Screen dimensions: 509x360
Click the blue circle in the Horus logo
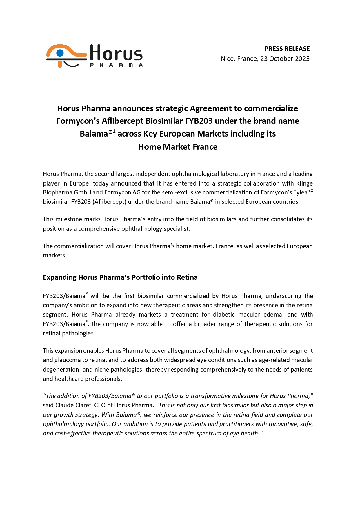coord(60,53)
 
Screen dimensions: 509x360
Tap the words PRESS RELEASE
coord(287,49)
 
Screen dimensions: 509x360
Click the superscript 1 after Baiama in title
coord(114,131)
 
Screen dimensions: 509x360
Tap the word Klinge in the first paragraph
coord(304,183)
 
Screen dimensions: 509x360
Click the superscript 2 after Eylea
coord(312,190)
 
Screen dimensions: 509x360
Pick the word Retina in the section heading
coord(187,277)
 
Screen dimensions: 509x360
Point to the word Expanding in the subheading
coord(59,277)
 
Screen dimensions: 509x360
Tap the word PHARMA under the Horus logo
coord(116,65)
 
